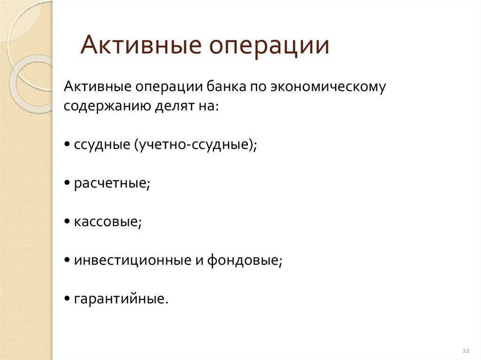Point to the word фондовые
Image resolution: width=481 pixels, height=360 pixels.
click(244, 260)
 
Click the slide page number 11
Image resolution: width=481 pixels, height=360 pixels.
click(466, 351)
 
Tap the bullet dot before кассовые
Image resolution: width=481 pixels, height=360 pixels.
click(69, 222)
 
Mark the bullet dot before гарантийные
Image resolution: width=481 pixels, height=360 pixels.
click(69, 299)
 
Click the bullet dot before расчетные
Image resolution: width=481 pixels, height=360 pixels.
click(69, 184)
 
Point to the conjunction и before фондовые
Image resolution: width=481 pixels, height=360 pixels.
click(198, 260)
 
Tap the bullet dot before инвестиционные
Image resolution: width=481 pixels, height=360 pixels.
click(69, 260)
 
